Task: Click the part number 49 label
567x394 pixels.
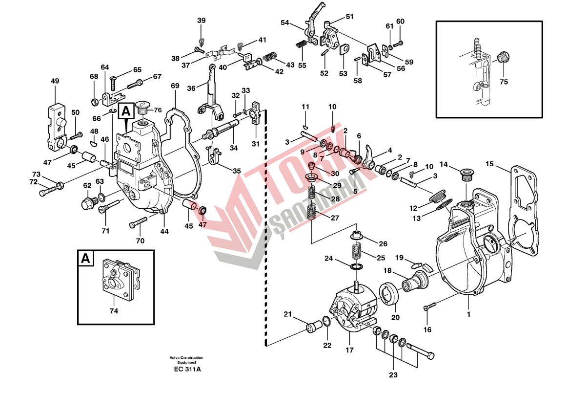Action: click(55, 81)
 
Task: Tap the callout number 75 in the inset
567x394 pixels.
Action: click(504, 82)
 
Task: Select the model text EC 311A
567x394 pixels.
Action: click(187, 370)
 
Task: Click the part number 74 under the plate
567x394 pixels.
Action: click(114, 310)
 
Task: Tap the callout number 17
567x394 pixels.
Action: click(350, 350)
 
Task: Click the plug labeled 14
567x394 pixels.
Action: click(466, 173)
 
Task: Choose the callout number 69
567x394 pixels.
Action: click(175, 86)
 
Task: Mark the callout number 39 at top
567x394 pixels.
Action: click(202, 21)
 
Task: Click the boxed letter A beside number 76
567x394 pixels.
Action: click(126, 111)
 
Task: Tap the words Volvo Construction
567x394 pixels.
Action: click(187, 358)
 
